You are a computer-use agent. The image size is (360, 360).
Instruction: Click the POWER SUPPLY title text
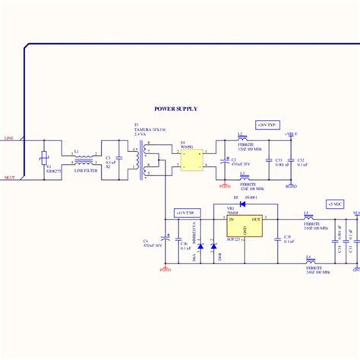pos(175,109)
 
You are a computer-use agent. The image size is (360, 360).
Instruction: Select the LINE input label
pos(9,139)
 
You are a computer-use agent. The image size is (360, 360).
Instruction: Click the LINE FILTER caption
pos(85,171)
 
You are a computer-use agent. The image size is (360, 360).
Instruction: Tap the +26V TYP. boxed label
pos(267,123)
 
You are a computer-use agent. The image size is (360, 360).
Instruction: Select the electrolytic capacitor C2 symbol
pos(224,160)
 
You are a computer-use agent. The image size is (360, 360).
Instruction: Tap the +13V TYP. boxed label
pos(185,213)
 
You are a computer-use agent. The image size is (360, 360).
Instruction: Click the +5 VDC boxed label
pos(335,204)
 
